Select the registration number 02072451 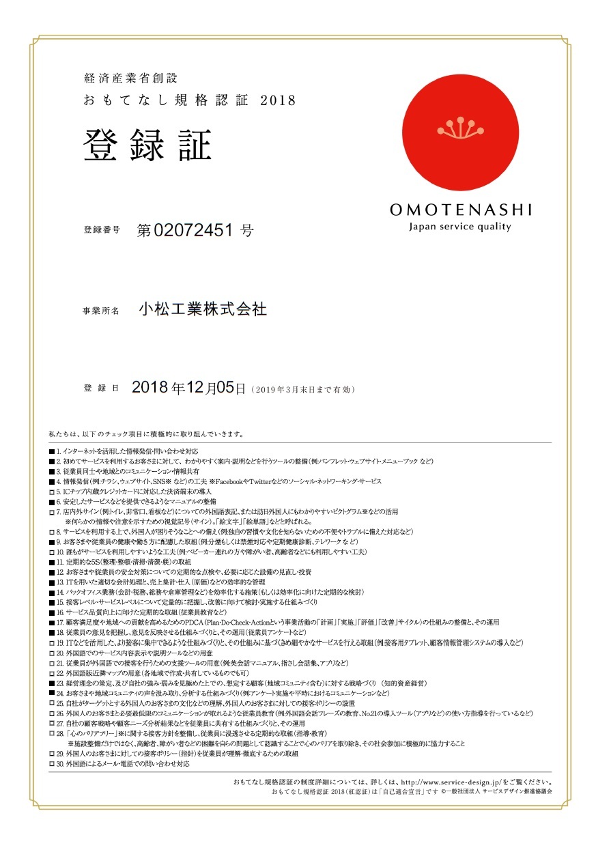[x=195, y=230]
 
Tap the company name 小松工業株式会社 [x=202, y=309]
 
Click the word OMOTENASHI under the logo [x=460, y=210]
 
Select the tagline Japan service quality [x=460, y=227]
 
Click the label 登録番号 [x=102, y=230]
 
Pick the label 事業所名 [x=102, y=311]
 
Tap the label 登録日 [x=102, y=388]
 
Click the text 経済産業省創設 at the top [x=130, y=78]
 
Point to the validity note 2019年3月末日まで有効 [x=303, y=390]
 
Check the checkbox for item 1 [x=51, y=452]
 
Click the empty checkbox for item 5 [x=51, y=492]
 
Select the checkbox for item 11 [x=51, y=562]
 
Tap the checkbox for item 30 [x=51, y=764]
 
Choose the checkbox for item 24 [x=51, y=694]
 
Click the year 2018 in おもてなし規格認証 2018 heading [x=279, y=100]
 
